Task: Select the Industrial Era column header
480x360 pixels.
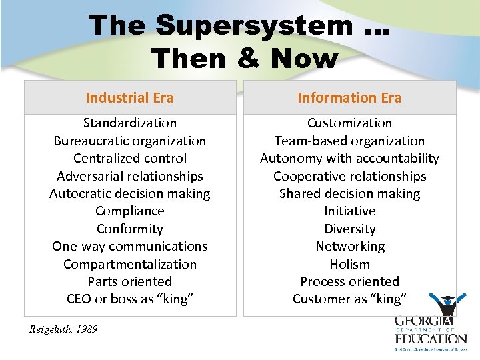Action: pyautogui.click(x=130, y=98)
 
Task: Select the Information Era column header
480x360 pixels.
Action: pyautogui.click(x=349, y=98)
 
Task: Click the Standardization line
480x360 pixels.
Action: pyautogui.click(x=130, y=123)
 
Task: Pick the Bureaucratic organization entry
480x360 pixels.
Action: pyautogui.click(x=130, y=141)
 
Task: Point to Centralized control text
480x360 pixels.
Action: pyautogui.click(x=130, y=158)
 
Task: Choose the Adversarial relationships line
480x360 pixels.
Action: pyautogui.click(x=130, y=176)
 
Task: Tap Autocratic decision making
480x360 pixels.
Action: pyautogui.click(x=130, y=193)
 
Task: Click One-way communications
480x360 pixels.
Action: pyautogui.click(x=130, y=246)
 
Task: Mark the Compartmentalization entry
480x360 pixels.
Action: pyautogui.click(x=130, y=264)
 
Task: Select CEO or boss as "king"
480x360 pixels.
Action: pyautogui.click(x=130, y=299)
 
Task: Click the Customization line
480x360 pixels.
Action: pyautogui.click(x=349, y=123)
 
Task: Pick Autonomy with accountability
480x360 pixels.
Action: pyautogui.click(x=349, y=158)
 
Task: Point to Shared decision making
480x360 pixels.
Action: pyautogui.click(x=349, y=193)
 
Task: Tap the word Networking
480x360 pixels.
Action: pyautogui.click(x=349, y=246)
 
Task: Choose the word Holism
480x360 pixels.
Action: pyautogui.click(x=349, y=264)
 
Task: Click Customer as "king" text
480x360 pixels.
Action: pyautogui.click(x=349, y=299)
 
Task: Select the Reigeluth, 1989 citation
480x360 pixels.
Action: pyautogui.click(x=64, y=329)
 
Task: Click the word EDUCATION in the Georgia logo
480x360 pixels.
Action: pyautogui.click(x=431, y=338)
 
